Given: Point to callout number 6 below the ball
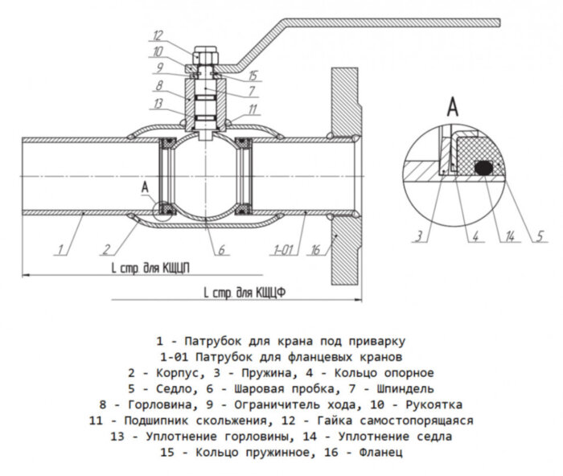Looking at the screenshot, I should click(x=219, y=248).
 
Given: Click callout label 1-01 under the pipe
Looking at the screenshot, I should click(x=282, y=251).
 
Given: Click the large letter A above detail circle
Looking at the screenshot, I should click(x=452, y=105).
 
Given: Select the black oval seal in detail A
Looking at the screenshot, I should click(x=483, y=167).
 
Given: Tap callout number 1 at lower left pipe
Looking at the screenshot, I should click(x=61, y=250).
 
